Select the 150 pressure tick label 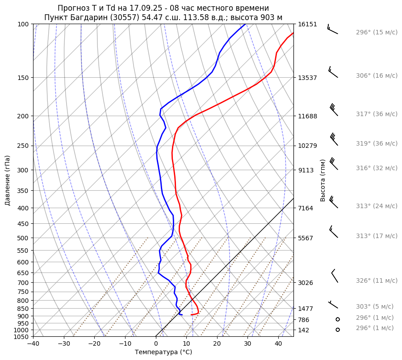24,78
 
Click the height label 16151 307,24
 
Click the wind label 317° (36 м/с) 377,114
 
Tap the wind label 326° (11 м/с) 377,280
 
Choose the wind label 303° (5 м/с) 375,306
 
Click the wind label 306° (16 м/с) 377,75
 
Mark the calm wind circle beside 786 338,319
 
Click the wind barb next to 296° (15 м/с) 332,29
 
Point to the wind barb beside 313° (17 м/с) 333,231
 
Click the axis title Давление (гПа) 8,180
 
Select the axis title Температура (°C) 163,352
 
